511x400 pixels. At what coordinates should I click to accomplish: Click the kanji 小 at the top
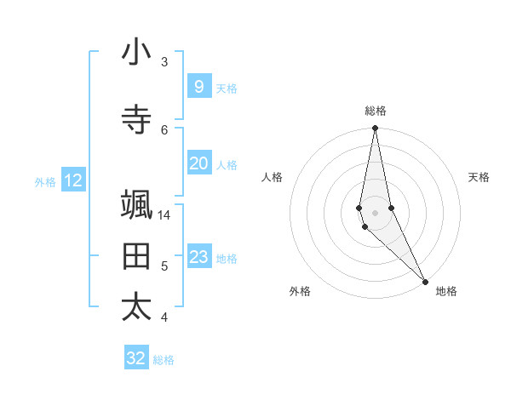(136, 53)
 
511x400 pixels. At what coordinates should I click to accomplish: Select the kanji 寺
(136, 120)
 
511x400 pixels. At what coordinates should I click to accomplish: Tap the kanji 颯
(136, 205)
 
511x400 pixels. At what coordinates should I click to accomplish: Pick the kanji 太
(136, 307)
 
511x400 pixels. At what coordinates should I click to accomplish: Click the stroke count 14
(164, 215)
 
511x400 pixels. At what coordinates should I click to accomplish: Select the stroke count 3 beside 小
(164, 62)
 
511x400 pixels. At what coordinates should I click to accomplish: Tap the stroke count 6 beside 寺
(164, 129)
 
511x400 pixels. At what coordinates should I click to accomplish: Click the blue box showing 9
(198, 86)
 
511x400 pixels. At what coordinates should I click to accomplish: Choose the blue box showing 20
(198, 163)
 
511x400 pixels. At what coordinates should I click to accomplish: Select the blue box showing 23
(198, 257)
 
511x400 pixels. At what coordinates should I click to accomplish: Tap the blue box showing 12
(73, 180)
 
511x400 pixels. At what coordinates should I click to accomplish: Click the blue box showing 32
(136, 358)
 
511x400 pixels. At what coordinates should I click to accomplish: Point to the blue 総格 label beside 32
(164, 360)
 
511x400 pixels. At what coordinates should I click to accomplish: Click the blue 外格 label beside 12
(45, 181)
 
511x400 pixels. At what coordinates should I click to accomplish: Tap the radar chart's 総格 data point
(375, 129)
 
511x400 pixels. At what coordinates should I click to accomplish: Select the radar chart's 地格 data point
(425, 280)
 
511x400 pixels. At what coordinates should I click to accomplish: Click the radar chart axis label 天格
(479, 177)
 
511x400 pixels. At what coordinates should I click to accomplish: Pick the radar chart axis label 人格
(272, 177)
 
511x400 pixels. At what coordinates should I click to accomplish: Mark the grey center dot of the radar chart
(375, 213)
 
